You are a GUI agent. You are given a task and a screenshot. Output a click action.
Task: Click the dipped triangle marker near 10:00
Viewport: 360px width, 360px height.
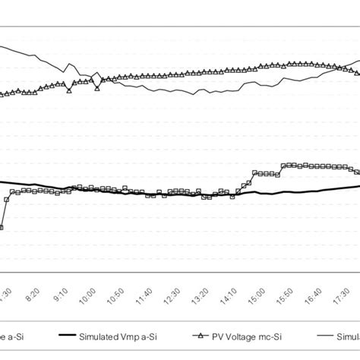(x=97, y=88)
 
